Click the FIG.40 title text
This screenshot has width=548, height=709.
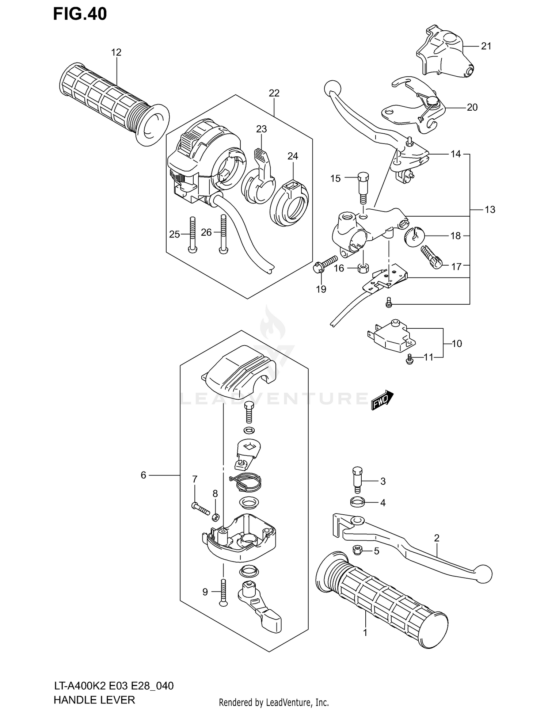point(80,14)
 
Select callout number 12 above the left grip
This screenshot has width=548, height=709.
point(116,52)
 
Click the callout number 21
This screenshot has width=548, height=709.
point(486,46)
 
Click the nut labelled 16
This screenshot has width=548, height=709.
point(362,268)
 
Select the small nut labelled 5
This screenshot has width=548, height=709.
point(357,550)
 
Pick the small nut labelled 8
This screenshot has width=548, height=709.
point(216,517)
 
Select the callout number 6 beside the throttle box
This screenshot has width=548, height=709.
point(143,475)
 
